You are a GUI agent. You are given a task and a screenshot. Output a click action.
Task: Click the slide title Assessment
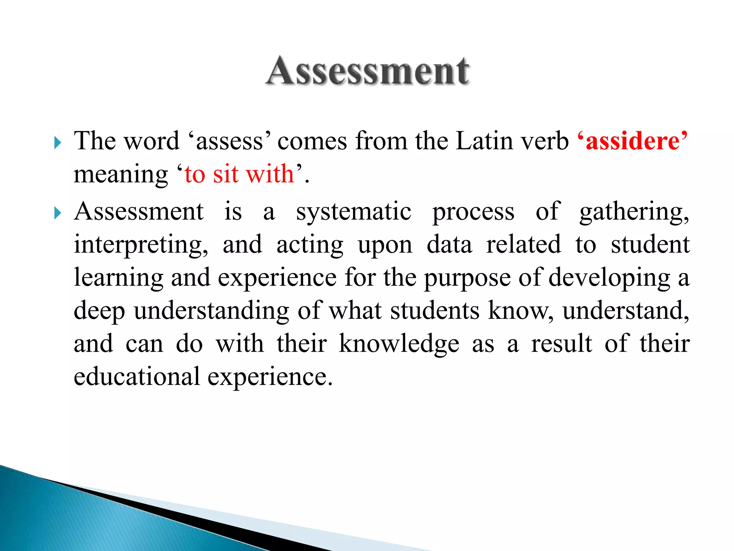pos(368,71)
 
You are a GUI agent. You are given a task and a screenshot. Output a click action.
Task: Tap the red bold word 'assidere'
pos(633,141)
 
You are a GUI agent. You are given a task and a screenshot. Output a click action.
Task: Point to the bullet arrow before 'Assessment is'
pos(57,213)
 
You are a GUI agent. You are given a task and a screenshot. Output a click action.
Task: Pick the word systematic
pos(353,212)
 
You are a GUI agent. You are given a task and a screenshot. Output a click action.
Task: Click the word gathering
pos(634,212)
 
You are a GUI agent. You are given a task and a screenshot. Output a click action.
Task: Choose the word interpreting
pos(140,245)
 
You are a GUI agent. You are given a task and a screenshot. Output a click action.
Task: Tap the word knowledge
pos(399,344)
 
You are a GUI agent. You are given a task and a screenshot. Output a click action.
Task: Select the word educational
pos(137,377)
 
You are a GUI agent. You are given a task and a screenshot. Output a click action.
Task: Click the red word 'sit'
pos(225,174)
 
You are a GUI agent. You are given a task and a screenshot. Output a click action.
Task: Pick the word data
pos(449,245)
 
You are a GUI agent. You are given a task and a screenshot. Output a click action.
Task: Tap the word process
pos(473,212)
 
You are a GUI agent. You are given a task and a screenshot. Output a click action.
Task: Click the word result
pos(561,344)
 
